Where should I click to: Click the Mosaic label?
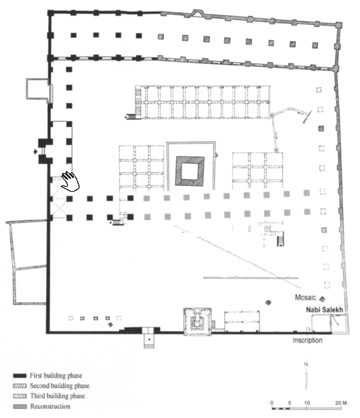305,297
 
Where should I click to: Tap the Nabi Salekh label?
324,310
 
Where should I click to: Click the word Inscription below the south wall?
308,340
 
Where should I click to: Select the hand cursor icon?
71,181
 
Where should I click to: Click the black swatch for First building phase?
20,376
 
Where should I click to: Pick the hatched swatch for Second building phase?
20,386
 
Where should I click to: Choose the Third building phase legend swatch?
20,396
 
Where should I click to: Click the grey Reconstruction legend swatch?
20,406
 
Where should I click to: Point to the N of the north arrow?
306,364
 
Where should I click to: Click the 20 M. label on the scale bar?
341,403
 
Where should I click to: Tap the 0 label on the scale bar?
271,403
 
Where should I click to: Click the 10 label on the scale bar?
307,403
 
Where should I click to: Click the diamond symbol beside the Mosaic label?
322,299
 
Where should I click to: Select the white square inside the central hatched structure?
190,171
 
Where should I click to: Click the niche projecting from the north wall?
196,13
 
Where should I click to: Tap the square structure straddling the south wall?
197,321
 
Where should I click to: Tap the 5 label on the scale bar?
289,403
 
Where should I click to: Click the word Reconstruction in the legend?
51,406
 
